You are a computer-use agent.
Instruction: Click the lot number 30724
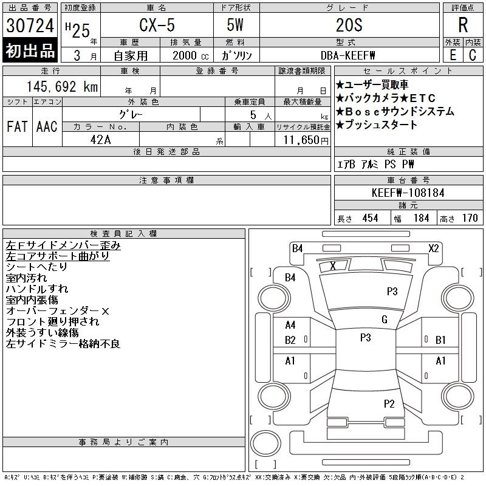(x=30, y=26)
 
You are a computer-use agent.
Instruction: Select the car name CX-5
(x=157, y=25)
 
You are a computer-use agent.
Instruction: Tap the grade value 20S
(x=349, y=25)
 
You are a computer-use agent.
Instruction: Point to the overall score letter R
(x=463, y=25)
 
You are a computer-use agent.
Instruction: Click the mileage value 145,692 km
(x=62, y=86)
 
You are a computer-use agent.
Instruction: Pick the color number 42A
(x=100, y=140)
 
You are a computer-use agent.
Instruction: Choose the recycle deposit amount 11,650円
(x=306, y=140)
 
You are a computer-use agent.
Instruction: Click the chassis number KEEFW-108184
(x=408, y=193)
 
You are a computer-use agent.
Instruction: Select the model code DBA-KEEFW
(x=347, y=55)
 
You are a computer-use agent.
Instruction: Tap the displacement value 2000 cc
(x=190, y=55)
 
